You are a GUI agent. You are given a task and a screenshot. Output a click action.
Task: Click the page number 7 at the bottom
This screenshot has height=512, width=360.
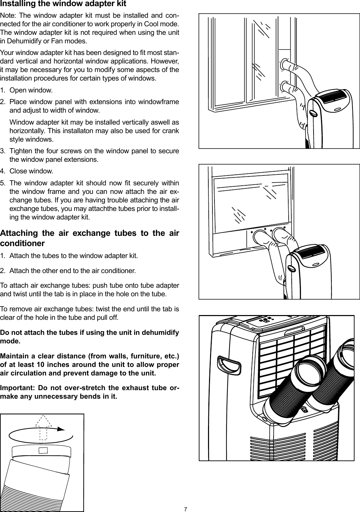tap(185, 509)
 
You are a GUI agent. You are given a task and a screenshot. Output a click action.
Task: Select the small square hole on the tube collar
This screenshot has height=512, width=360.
tap(43, 450)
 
